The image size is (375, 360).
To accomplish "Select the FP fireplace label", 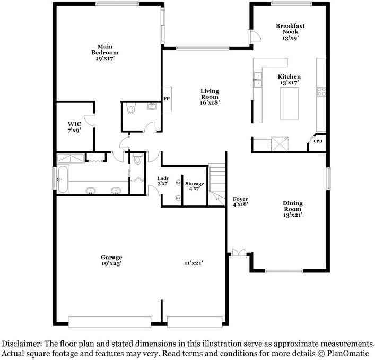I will tap(166, 99).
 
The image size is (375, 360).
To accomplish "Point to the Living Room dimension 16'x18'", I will tap(210, 102).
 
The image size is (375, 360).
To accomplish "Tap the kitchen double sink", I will tap(258, 80).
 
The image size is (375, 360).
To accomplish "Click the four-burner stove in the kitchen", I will tap(321, 91).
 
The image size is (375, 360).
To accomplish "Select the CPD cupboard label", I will tap(318, 141).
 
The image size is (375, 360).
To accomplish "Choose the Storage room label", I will tap(195, 184).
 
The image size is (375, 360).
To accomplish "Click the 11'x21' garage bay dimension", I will tap(194, 263).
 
